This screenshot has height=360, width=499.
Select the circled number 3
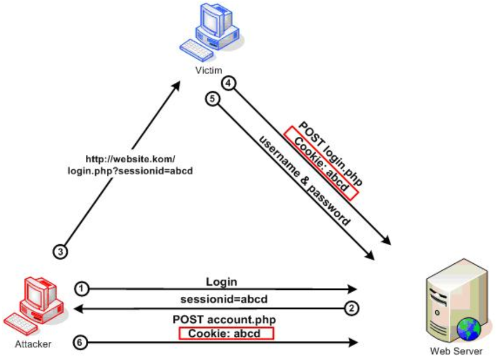coord(60,251)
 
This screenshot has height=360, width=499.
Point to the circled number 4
coord(229,83)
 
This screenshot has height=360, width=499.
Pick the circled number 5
coord(213,99)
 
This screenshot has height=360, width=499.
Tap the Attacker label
coord(33,344)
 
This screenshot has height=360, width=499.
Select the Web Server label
coord(456,351)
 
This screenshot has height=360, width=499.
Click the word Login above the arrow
coord(221,282)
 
